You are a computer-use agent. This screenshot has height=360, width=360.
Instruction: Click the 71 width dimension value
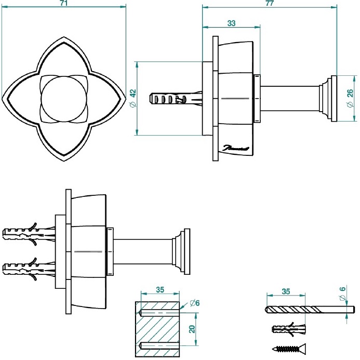point(64,3)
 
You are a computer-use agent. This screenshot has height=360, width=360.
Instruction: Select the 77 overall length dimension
point(270,3)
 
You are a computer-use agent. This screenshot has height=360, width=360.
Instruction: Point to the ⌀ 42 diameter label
point(132,99)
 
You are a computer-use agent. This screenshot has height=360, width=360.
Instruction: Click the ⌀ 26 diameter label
point(349,99)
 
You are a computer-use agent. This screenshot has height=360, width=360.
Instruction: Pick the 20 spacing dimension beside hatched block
point(193,329)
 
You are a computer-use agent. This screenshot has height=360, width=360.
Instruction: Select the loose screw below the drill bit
point(289,349)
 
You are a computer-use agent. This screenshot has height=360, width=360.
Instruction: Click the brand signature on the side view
point(237,149)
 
